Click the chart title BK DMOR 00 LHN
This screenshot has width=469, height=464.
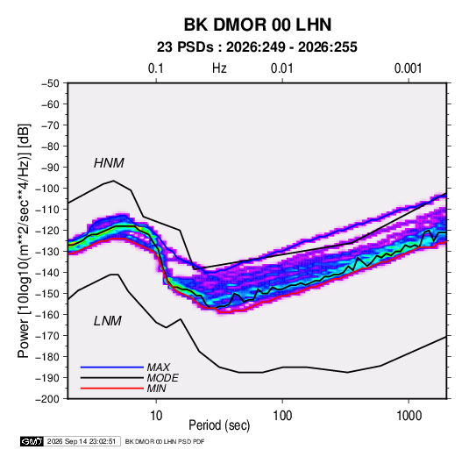coord(258,25)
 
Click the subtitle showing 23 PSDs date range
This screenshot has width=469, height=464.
coord(257,47)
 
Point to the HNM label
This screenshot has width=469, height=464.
coord(109,163)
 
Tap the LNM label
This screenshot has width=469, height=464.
coord(108,321)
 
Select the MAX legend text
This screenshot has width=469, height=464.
coord(158,367)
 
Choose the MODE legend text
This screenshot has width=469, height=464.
coord(163,378)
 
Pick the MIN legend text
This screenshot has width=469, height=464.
coord(156,389)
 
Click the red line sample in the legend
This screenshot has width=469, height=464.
coord(112,389)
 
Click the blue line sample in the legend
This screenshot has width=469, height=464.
coord(112,367)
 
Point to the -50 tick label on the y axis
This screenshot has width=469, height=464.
coord(50,83)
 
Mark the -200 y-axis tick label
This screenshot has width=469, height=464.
coord(47,399)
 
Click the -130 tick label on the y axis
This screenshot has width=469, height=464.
coord(47,252)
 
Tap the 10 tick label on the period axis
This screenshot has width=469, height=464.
coord(156,416)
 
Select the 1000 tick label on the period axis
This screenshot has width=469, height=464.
coord(409,416)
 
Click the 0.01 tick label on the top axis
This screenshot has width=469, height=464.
coord(282,68)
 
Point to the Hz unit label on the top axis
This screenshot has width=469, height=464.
coord(219,68)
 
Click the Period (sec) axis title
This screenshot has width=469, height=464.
coord(219,425)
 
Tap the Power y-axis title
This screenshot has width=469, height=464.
coord(24,240)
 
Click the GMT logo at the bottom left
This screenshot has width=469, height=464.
coord(32,441)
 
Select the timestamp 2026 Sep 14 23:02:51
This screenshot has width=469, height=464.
coord(82,441)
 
